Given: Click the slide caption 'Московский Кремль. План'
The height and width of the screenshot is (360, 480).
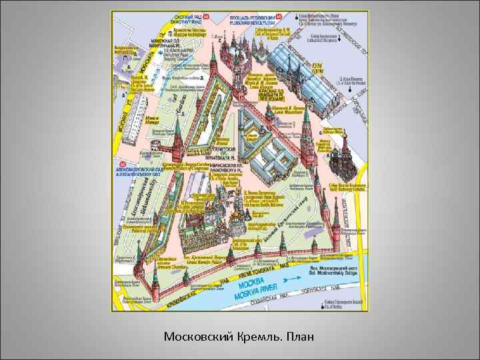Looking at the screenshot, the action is (x=239, y=337).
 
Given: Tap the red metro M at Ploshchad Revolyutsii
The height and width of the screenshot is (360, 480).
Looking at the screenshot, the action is (x=283, y=15).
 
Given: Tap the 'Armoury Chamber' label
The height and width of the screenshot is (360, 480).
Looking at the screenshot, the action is (x=167, y=265).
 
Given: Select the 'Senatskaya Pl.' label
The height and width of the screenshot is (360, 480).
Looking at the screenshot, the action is (x=227, y=150).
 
